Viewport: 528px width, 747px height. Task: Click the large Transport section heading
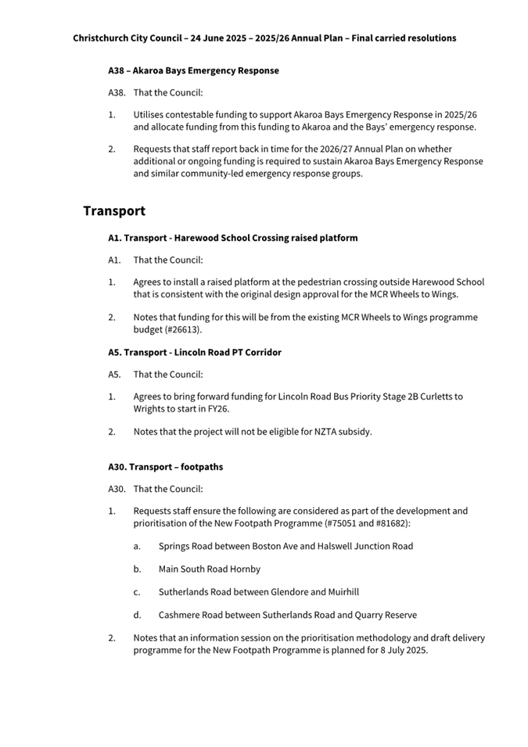coord(114,211)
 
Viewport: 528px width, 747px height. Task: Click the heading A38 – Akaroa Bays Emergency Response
coord(193,70)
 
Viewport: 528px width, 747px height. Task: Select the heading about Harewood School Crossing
coord(232,238)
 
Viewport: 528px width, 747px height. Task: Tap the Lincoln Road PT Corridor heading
coord(195,352)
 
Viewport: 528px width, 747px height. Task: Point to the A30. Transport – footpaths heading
coord(165,467)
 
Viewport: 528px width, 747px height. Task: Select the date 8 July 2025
coord(404,651)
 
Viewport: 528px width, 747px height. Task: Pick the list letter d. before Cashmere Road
coord(137,615)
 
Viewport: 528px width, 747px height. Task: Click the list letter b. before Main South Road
coord(137,569)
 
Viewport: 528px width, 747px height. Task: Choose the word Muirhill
coord(339,592)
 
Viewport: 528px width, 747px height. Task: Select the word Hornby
coord(245,569)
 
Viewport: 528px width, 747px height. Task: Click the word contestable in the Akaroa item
coord(199,114)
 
